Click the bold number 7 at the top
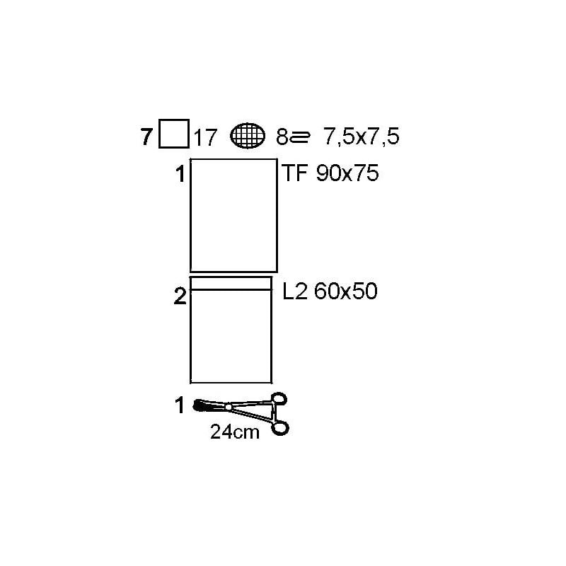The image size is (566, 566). (146, 137)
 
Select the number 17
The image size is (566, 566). (205, 137)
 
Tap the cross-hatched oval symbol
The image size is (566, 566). (248, 136)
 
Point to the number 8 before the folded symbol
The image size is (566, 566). (282, 137)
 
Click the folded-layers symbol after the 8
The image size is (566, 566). (299, 137)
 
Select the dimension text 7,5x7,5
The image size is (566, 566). (362, 137)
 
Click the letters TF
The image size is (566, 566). (294, 173)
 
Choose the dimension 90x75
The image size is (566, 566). (347, 173)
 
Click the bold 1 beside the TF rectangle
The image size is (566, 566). (180, 174)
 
